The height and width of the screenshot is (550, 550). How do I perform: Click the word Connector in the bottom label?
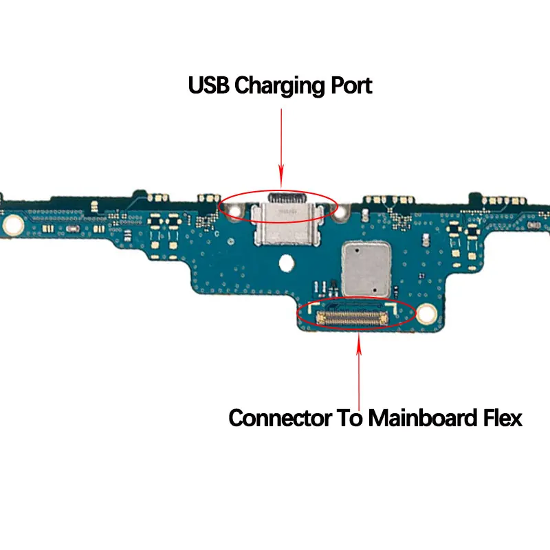[x=280, y=418]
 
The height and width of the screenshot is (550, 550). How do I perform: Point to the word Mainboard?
[x=423, y=417]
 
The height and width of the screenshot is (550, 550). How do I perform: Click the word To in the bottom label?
[x=350, y=418]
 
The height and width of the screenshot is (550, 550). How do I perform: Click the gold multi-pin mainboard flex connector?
[x=352, y=318]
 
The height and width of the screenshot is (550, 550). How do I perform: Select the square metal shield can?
[x=366, y=269]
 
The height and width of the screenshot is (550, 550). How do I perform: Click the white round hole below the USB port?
[x=286, y=263]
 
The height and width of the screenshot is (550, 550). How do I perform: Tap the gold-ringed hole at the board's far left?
[x=13, y=225]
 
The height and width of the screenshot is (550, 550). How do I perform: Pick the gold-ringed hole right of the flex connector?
[x=426, y=313]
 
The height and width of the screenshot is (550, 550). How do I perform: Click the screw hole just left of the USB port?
[x=234, y=211]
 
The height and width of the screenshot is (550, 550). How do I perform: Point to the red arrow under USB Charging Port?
[x=281, y=148]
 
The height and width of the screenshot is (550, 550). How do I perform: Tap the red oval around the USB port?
[x=278, y=191]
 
